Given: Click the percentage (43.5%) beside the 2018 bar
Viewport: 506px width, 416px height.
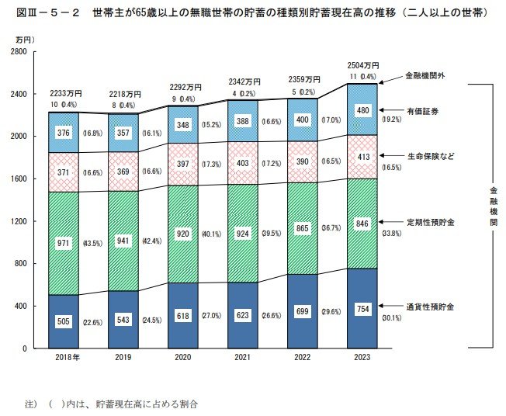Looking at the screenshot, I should (x=94, y=244).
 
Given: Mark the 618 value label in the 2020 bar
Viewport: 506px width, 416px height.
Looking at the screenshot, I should (x=183, y=317).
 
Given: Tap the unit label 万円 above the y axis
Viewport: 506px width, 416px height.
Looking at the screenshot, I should (x=22, y=38).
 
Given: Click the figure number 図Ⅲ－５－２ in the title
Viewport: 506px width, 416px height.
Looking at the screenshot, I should (x=43, y=12).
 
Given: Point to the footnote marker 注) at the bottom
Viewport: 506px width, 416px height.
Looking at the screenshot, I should (x=32, y=404).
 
